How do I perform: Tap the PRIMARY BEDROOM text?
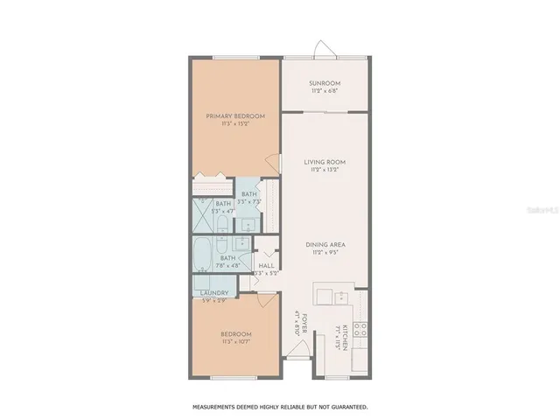pos(235,115)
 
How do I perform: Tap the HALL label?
pos(265,266)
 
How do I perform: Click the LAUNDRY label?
pos(213,293)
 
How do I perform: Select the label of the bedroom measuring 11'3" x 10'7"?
pos(235,334)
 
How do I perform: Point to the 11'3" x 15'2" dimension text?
pos(235,124)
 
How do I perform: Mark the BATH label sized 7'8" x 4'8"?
pos(228,258)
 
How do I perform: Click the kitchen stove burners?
pos(360,330)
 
